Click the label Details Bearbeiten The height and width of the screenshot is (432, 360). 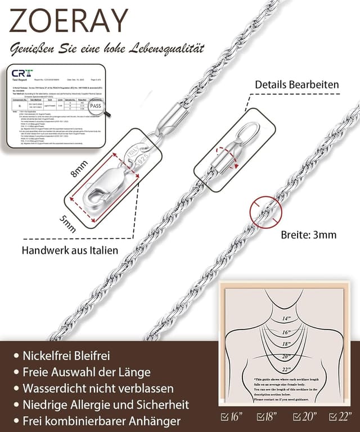(x=296, y=84)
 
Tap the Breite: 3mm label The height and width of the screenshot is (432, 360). (x=308, y=235)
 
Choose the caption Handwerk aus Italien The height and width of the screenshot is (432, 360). (x=70, y=250)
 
